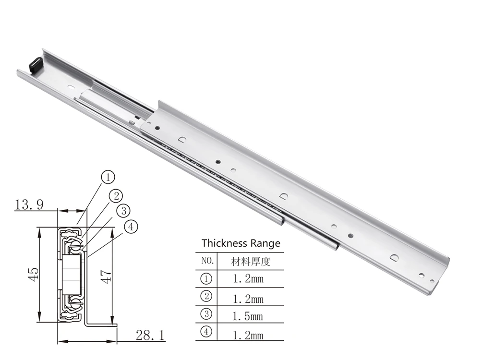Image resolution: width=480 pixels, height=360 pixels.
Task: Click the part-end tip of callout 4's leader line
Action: click(x=87, y=256)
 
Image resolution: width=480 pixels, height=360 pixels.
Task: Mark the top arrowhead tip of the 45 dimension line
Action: click(x=39, y=228)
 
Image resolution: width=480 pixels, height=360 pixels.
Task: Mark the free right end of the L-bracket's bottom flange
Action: click(x=117, y=325)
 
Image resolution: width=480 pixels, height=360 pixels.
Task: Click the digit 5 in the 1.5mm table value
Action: click(x=247, y=316)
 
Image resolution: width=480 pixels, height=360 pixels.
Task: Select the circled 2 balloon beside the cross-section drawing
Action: click(x=116, y=196)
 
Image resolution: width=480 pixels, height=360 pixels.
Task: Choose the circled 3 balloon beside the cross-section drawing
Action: click(x=124, y=211)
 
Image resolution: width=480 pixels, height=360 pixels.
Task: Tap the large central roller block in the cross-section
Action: click(x=72, y=275)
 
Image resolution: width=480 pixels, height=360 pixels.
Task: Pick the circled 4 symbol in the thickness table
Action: click(x=206, y=332)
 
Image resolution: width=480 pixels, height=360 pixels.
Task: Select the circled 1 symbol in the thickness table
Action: click(x=206, y=278)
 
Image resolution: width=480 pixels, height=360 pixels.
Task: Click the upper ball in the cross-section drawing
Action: click(x=76, y=244)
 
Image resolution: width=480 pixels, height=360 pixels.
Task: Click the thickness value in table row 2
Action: click(x=248, y=299)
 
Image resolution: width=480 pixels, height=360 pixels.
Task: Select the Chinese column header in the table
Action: click(x=251, y=262)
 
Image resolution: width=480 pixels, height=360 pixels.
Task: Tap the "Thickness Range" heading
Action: click(x=241, y=243)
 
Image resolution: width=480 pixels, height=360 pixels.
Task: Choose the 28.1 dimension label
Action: click(x=150, y=336)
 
